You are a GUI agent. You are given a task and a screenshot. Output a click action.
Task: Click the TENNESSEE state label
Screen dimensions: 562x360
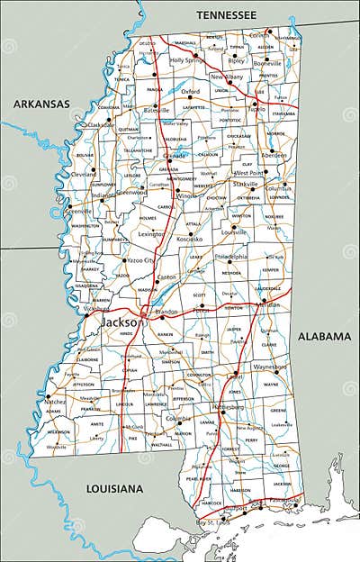pyautogui.click(x=226, y=16)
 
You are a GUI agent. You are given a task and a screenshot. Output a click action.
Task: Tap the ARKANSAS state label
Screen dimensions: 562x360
pyautogui.click(x=40, y=104)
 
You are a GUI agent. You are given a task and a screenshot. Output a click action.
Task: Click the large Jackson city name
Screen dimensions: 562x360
pyautogui.click(x=119, y=322)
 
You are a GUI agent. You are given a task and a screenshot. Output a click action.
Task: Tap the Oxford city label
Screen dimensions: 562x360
pyautogui.click(x=190, y=91)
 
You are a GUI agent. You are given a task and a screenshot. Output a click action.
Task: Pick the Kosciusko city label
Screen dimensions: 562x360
pyautogui.click(x=189, y=240)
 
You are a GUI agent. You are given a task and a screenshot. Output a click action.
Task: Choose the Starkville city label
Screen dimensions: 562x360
pyautogui.click(x=246, y=184)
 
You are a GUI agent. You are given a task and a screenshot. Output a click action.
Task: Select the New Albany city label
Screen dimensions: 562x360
pyautogui.click(x=229, y=77)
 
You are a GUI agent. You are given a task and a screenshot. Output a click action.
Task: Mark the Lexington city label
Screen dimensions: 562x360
pyautogui.click(x=151, y=233)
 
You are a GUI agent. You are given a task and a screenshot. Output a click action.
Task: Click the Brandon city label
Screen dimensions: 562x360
pyautogui.click(x=166, y=313)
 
